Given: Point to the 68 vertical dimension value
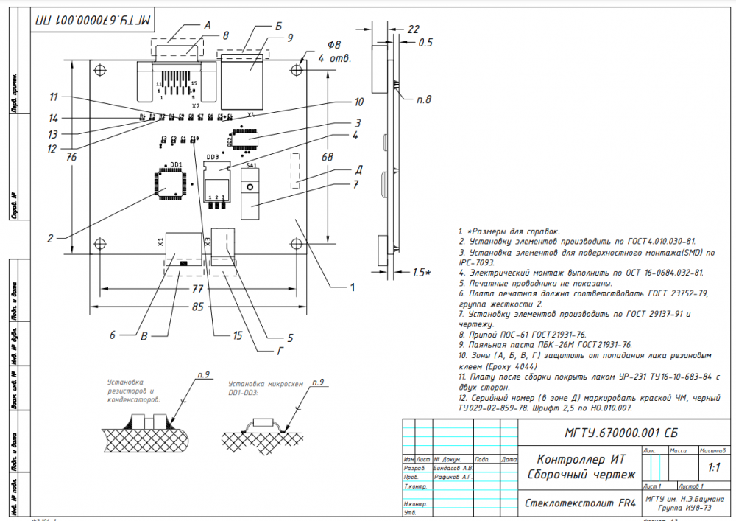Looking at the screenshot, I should click(328, 157).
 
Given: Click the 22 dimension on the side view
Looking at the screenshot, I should click(413, 29).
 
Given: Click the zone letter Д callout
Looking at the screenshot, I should click(358, 169).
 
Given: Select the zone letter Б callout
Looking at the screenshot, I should click(278, 25).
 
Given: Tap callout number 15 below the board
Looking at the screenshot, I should click(237, 335).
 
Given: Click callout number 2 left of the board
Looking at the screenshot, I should click(50, 238).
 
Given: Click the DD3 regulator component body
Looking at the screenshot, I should click(217, 181).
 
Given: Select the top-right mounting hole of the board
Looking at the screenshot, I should click(298, 69).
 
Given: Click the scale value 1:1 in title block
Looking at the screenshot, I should click(713, 467).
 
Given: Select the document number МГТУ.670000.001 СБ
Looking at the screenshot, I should click(610, 433).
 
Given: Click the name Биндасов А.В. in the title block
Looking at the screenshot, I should click(453, 468).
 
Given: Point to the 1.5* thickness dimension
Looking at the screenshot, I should click(422, 273).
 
